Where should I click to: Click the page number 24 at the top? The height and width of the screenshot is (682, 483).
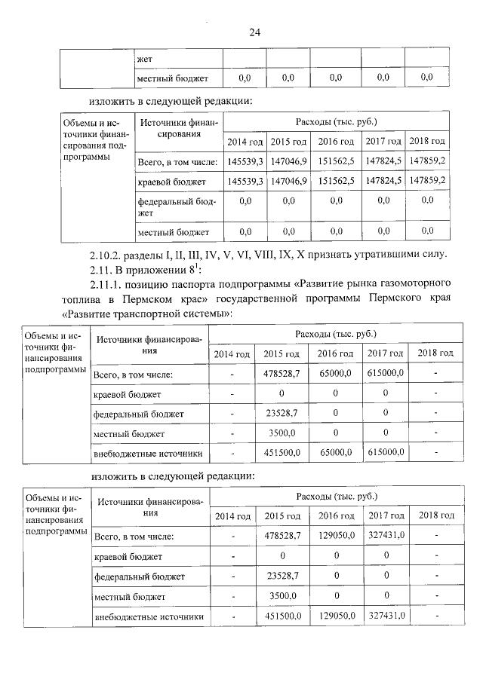tap(254, 32)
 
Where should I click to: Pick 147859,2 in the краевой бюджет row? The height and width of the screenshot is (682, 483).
tap(426, 182)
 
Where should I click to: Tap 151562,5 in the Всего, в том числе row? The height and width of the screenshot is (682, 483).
tap(336, 161)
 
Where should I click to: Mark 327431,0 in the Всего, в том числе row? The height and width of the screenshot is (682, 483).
tap(385, 535)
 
